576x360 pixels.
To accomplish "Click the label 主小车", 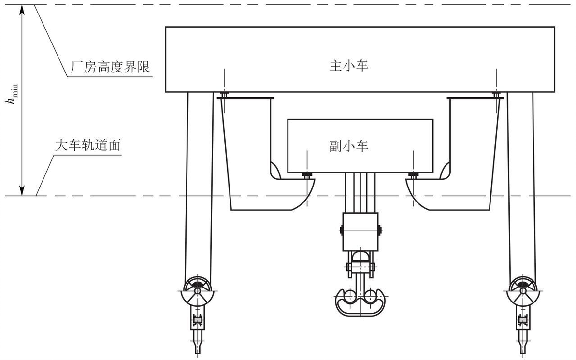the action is [348, 66].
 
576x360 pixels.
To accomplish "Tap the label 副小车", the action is [348, 146].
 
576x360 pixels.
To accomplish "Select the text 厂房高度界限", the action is [110, 67].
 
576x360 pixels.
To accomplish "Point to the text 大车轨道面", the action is [88, 145].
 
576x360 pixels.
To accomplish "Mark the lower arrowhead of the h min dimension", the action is [22, 190].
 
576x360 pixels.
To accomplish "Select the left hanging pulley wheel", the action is [198, 290].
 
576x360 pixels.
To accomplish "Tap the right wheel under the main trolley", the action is [496, 95].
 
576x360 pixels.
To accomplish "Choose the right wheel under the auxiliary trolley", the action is [413, 175].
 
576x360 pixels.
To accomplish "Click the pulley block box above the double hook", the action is [360, 231].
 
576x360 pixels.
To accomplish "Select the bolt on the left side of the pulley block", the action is [341, 230].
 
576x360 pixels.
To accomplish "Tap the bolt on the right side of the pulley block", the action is [379, 230].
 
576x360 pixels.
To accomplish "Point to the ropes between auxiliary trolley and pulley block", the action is [360, 193].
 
